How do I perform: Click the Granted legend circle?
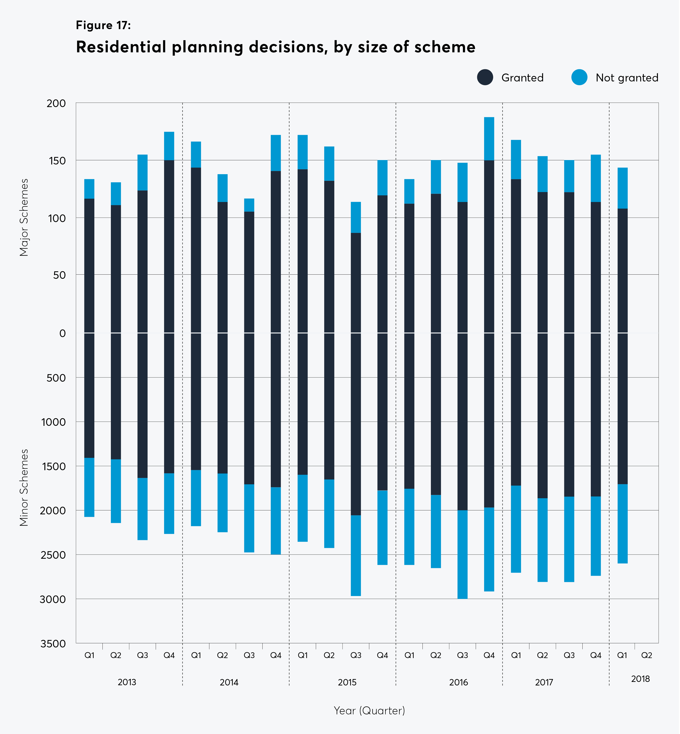click(x=485, y=77)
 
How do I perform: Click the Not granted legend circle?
click(x=579, y=77)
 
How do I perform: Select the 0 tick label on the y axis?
click(x=63, y=333)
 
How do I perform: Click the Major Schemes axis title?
click(x=24, y=217)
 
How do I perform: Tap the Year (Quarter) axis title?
click(x=369, y=710)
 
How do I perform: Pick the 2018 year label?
click(x=640, y=679)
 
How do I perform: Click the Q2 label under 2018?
click(x=646, y=655)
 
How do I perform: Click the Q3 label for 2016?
click(x=462, y=655)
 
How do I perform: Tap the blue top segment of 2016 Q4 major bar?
click(x=489, y=139)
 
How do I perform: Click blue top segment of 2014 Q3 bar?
click(x=249, y=205)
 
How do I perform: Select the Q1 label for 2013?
click(x=89, y=655)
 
